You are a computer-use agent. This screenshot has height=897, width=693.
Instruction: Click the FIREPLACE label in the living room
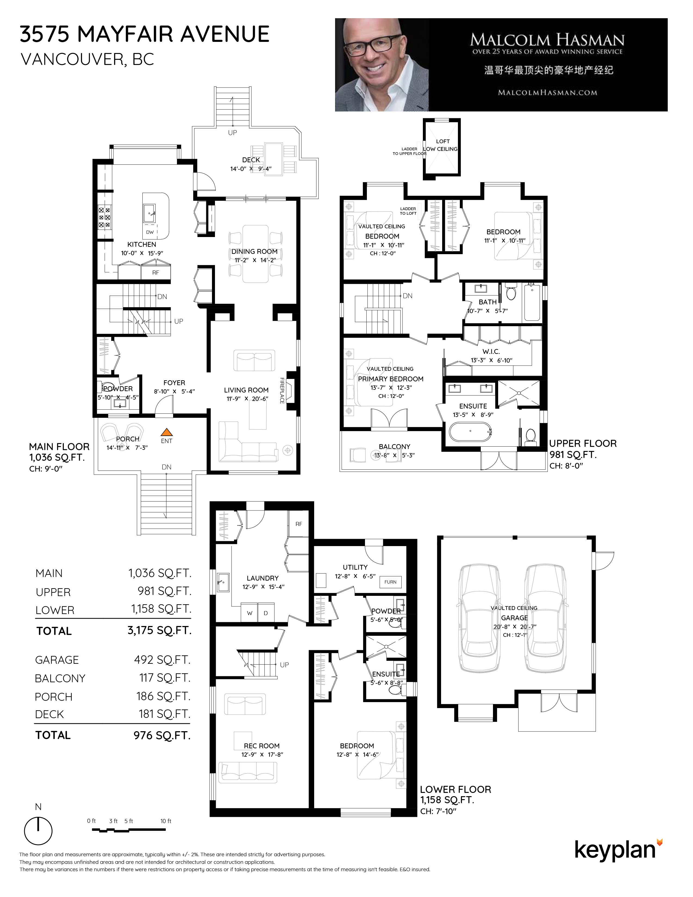pyautogui.click(x=282, y=390)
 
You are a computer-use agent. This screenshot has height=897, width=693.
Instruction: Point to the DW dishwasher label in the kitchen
pyautogui.click(x=150, y=232)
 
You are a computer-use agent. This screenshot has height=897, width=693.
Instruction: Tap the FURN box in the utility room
pyautogui.click(x=391, y=582)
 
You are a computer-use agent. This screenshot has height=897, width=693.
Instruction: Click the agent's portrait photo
pyautogui.click(x=382, y=65)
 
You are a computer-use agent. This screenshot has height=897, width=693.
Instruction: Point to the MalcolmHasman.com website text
pyautogui.click(x=547, y=93)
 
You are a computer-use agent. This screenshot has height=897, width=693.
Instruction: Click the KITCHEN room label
pyautogui.click(x=142, y=244)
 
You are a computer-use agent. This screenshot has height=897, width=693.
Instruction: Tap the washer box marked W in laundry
pyautogui.click(x=249, y=613)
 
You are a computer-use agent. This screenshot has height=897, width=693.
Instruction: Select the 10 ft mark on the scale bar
pyautogui.click(x=166, y=821)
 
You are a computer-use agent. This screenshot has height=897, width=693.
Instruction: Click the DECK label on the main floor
pyautogui.click(x=251, y=160)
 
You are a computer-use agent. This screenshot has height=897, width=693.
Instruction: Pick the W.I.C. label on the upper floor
pyautogui.click(x=491, y=351)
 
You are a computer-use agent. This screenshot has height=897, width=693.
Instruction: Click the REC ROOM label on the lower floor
pyautogui.click(x=261, y=746)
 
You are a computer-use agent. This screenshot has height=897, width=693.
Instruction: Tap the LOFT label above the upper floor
pyautogui.click(x=443, y=141)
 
